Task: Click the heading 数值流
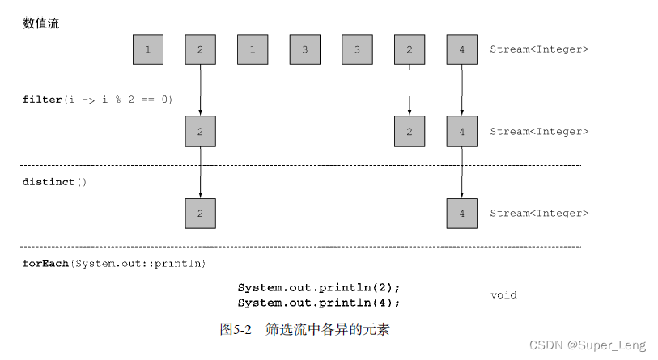tap(40, 23)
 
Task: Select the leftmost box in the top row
tap(148, 49)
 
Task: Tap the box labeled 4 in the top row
tap(461, 49)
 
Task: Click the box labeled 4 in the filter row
tap(461, 131)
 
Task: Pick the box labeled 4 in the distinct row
tap(461, 214)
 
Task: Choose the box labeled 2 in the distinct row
tap(200, 214)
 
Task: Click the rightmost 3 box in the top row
tap(357, 49)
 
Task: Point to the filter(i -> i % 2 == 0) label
tap(97, 100)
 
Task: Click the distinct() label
tap(54, 182)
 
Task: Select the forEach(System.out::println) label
tap(114, 264)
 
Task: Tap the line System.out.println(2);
tap(319, 287)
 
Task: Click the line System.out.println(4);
tap(319, 303)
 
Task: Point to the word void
tap(503, 295)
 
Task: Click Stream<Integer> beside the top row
tap(539, 49)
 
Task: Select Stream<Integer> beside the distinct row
tap(539, 214)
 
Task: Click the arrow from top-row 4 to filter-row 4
tap(461, 90)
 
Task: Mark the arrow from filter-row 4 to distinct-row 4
tap(461, 172)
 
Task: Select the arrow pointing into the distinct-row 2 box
tap(200, 172)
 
